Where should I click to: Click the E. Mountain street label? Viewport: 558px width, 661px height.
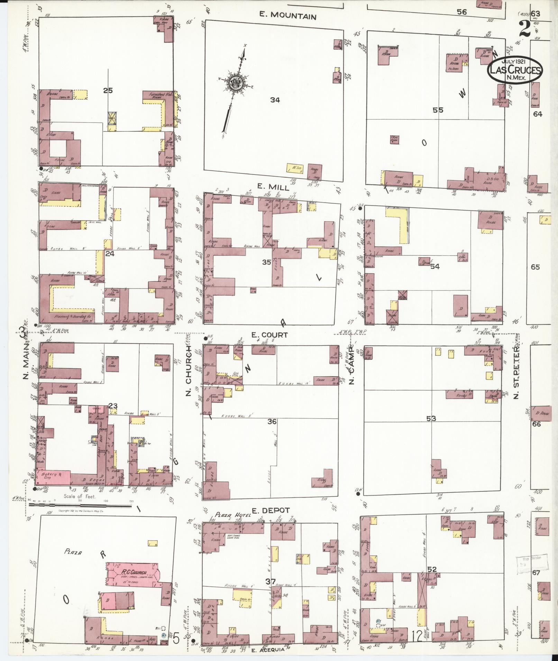288,16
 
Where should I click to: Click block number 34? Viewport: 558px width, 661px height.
275,100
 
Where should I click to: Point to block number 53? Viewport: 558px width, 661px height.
431,418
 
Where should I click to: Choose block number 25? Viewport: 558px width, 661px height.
108,91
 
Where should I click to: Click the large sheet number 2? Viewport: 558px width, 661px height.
525,29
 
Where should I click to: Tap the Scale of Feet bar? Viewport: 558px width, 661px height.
80,504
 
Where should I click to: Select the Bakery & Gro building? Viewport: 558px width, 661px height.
53,476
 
